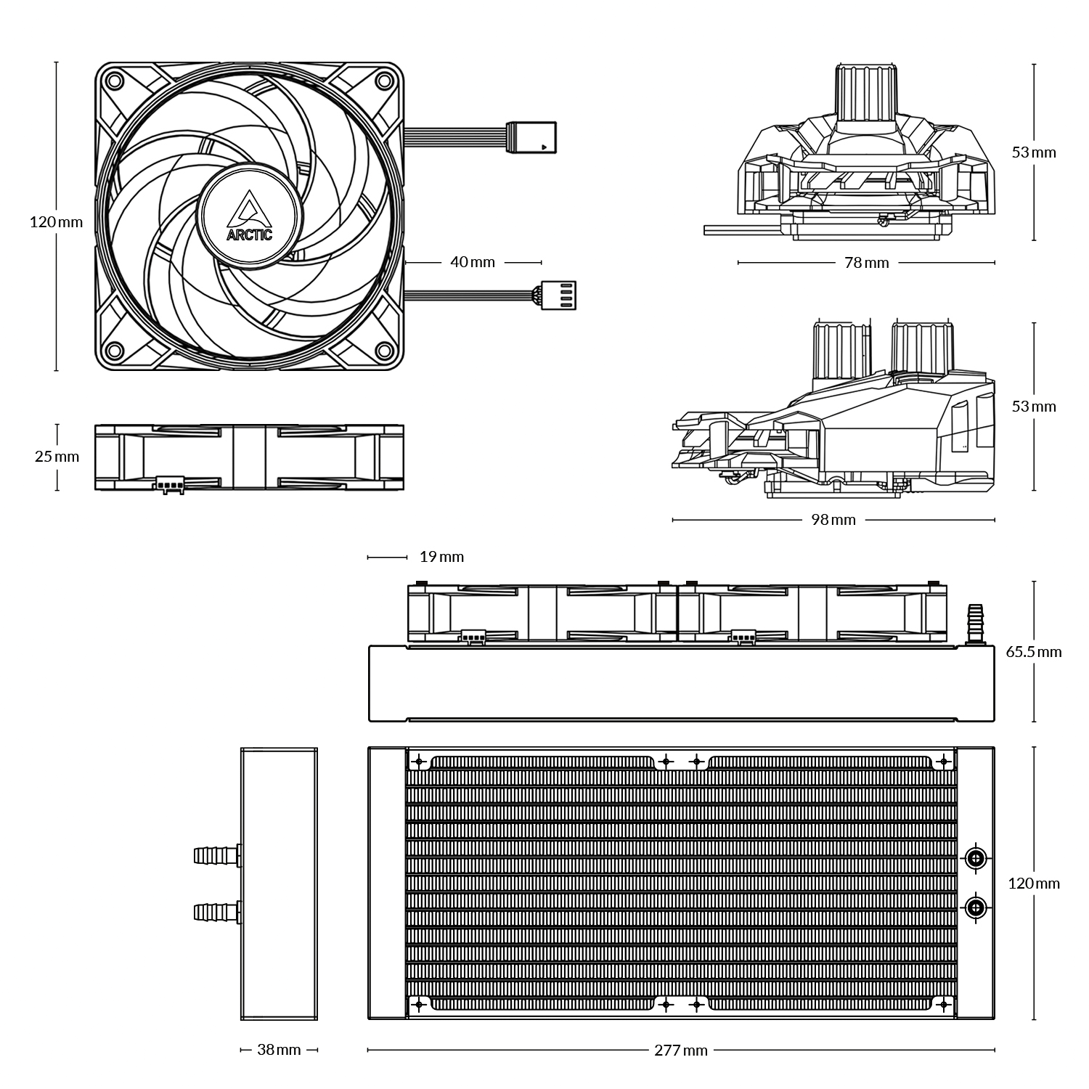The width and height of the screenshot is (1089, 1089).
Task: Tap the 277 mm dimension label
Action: pyautogui.click(x=680, y=1050)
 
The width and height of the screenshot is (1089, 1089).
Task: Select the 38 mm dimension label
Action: pyautogui.click(x=279, y=1050)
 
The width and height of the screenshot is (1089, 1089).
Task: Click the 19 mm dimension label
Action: pyautogui.click(x=441, y=557)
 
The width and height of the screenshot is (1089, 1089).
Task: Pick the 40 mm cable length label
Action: pyautogui.click(x=472, y=261)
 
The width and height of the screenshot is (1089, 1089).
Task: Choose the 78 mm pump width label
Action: pyautogui.click(x=866, y=262)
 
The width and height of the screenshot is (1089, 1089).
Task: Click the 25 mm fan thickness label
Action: pyautogui.click(x=57, y=457)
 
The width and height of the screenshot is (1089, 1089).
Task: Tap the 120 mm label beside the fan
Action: pyautogui.click(x=56, y=222)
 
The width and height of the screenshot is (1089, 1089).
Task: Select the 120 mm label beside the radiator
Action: pyautogui.click(x=1034, y=884)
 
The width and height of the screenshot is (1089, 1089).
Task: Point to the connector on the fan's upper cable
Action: pyautogui.click(x=534, y=137)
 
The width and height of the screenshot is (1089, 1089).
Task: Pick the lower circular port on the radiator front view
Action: pyautogui.click(x=976, y=906)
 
